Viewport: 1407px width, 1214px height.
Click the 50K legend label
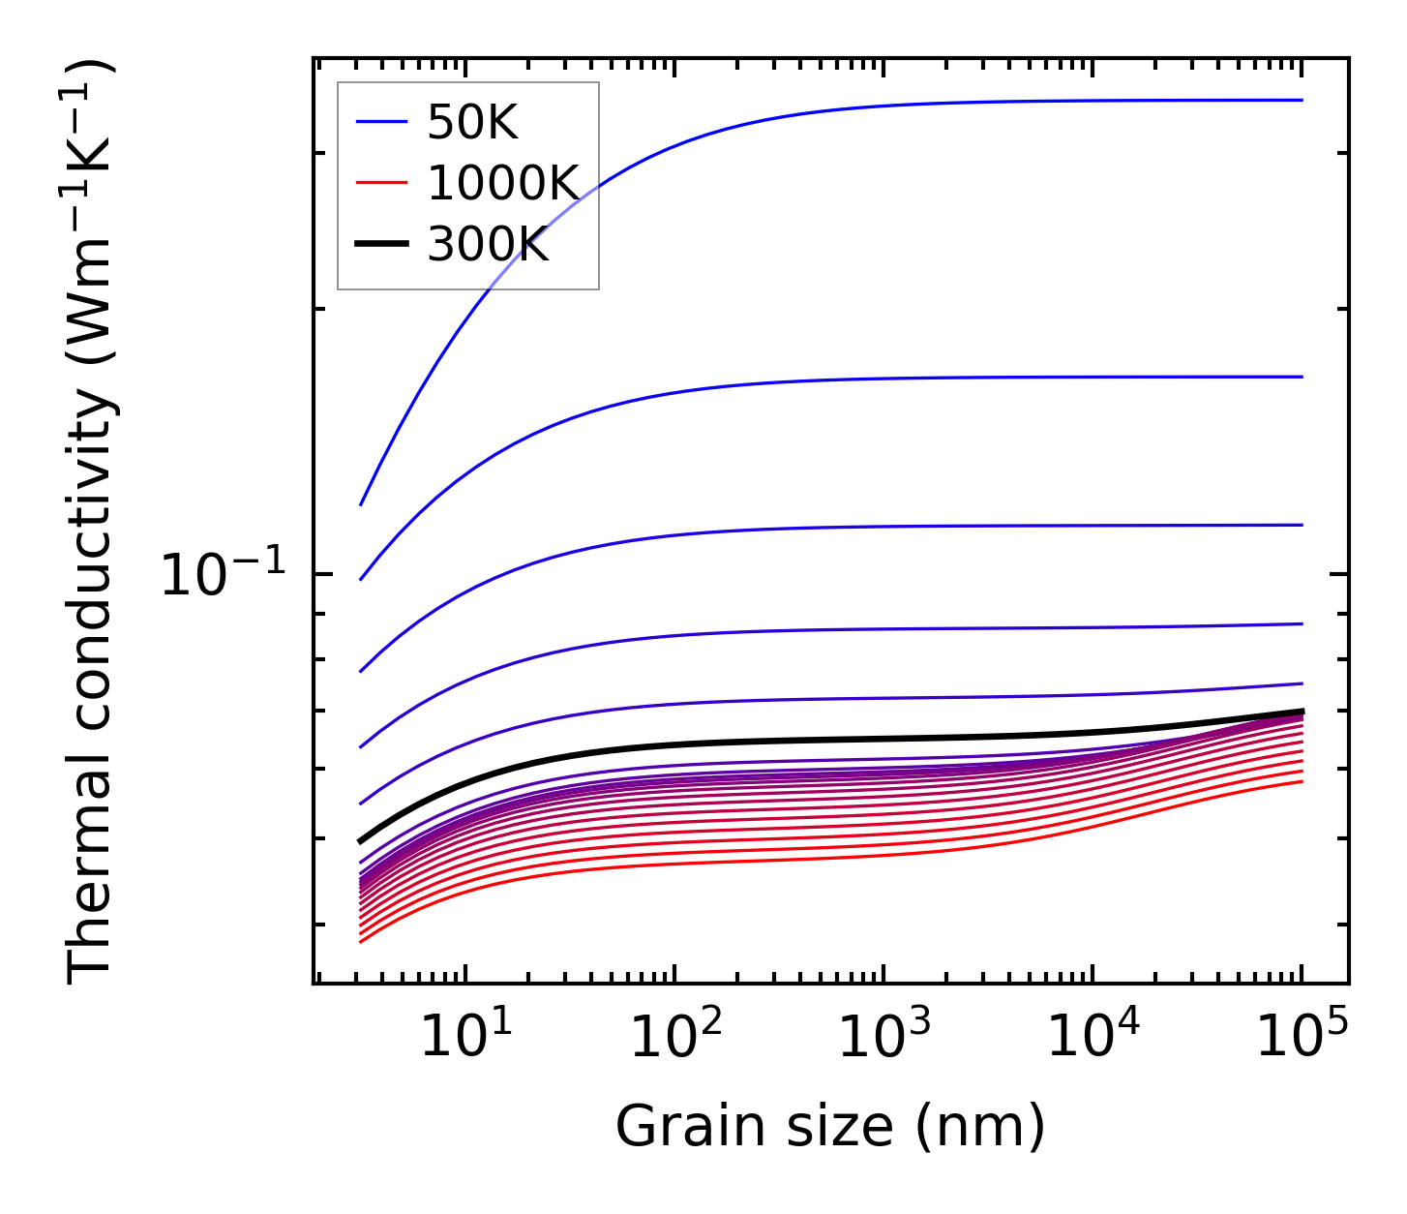click(473, 122)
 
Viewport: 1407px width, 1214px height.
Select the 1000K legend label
click(502, 183)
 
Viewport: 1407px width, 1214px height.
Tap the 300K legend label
click(488, 245)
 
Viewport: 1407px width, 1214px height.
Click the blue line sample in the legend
click(382, 122)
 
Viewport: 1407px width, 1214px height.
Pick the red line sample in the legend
click(382, 183)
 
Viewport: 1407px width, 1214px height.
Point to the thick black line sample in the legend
click(382, 245)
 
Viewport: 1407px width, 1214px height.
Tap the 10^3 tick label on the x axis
click(883, 1038)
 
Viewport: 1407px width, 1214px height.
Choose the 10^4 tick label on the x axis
click(1092, 1038)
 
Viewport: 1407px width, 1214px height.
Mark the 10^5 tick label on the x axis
click(1301, 1038)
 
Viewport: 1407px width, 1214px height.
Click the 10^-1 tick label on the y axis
click(224, 575)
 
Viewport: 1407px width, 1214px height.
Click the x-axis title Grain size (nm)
click(830, 1127)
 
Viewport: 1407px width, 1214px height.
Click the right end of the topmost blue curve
click(1302, 100)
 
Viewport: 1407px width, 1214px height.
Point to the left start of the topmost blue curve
click(361, 504)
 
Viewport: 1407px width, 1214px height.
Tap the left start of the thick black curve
click(360, 841)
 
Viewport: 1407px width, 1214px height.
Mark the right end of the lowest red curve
click(1302, 781)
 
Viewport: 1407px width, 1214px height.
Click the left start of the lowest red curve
click(360, 942)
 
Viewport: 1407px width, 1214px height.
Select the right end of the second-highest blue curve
click(1302, 377)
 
